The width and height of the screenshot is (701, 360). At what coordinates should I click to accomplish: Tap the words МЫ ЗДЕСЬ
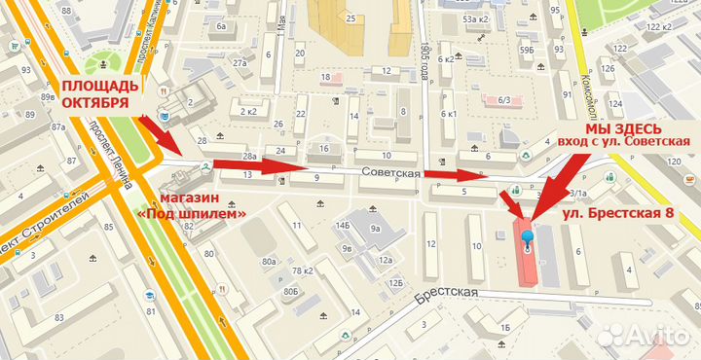[623, 128]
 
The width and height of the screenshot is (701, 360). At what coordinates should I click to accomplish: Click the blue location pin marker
[528, 238]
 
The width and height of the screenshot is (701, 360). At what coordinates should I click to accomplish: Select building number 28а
[250, 156]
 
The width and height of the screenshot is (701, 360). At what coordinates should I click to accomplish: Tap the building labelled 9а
[375, 230]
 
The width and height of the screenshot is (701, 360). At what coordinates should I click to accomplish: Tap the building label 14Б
[343, 225]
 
